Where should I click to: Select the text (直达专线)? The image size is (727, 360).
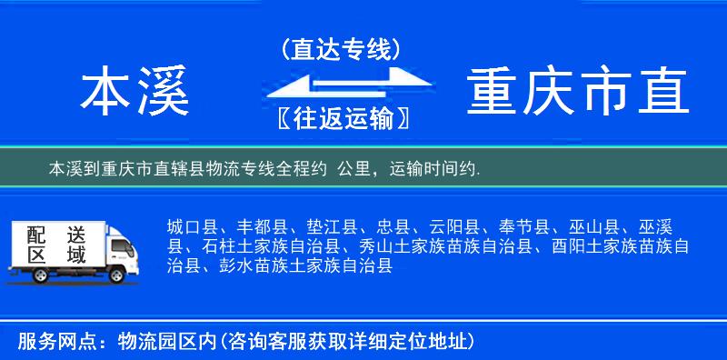[341, 49]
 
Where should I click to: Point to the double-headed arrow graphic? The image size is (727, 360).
[341, 85]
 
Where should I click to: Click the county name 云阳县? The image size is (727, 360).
[455, 227]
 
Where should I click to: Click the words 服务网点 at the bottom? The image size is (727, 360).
[55, 341]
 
